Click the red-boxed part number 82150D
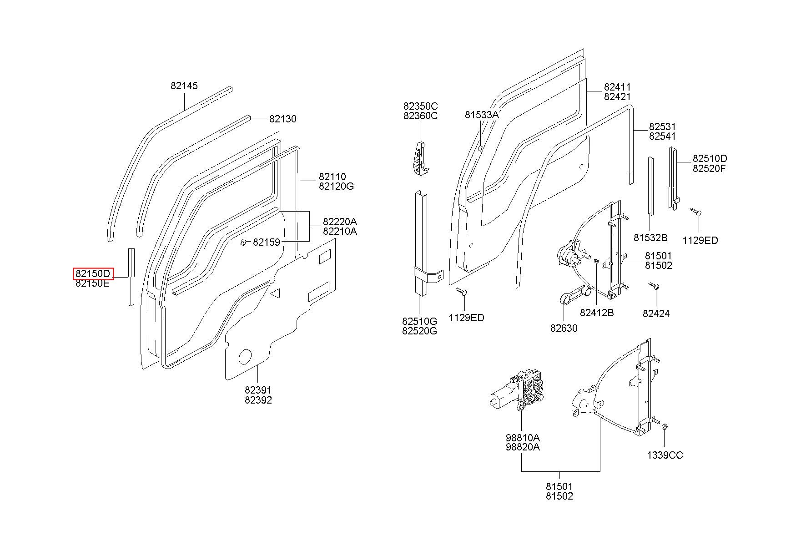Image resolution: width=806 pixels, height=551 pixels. click(x=93, y=273)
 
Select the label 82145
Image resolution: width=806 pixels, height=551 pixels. click(x=184, y=86)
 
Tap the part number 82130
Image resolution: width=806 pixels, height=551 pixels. click(x=282, y=119)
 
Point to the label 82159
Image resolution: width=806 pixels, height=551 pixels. click(x=267, y=243)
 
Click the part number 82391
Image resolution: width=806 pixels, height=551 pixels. click(x=258, y=390)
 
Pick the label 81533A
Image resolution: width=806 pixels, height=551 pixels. click(x=482, y=115)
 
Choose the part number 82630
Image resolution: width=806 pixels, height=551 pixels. click(x=564, y=328)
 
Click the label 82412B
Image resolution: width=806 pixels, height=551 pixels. click(x=597, y=313)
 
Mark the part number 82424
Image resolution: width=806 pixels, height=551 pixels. click(x=656, y=313)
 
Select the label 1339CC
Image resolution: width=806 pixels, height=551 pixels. click(x=665, y=455)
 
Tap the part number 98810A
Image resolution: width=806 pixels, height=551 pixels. click(x=523, y=437)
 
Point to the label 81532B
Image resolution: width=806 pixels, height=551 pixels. click(x=650, y=238)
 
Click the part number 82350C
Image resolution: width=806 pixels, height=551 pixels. click(x=420, y=106)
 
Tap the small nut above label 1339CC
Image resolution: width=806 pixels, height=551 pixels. click(x=664, y=427)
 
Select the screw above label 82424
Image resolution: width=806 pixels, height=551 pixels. click(x=654, y=285)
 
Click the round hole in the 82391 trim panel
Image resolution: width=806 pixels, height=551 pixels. click(x=245, y=357)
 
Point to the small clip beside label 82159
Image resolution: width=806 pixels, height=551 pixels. click(x=244, y=242)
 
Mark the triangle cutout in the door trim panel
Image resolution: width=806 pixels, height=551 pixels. click(x=276, y=293)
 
